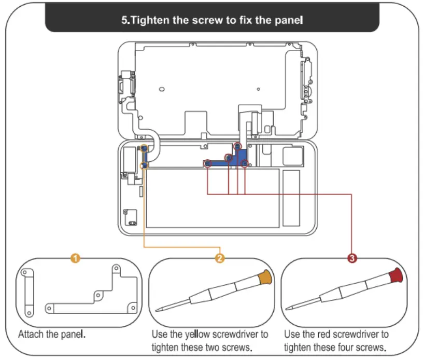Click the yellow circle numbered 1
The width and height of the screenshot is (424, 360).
76,258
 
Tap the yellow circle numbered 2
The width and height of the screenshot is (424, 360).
220,258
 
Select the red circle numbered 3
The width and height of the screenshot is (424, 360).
352,258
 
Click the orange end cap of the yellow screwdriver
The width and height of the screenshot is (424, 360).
265,278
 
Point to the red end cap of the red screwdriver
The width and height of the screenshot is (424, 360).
398,275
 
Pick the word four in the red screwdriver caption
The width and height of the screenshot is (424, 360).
352,347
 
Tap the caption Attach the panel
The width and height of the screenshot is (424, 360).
52,334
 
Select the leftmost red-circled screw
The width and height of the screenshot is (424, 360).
207,164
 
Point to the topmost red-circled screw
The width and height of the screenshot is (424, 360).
237,146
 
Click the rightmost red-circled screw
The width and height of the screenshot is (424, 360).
245,164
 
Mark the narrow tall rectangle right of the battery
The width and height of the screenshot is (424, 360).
291,197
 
